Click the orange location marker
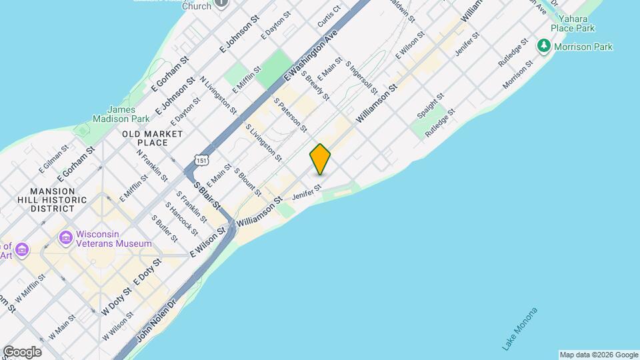tap(321, 159)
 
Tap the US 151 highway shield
tap(201, 160)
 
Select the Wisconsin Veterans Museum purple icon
tap(66, 237)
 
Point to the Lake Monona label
tap(520, 329)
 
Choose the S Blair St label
tap(207, 195)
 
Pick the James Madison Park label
tap(121, 114)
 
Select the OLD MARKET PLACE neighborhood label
tap(153, 138)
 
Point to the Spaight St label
tap(430, 107)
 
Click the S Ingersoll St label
tap(362, 77)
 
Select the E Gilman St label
tap(53, 161)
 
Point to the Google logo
tap(22, 352)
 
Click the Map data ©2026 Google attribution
tap(599, 355)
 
